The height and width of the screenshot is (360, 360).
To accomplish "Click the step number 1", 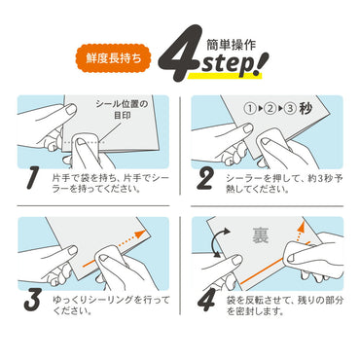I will [33, 178].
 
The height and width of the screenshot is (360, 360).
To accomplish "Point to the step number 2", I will [207, 178].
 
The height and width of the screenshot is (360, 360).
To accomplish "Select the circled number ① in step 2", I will [255, 109].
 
